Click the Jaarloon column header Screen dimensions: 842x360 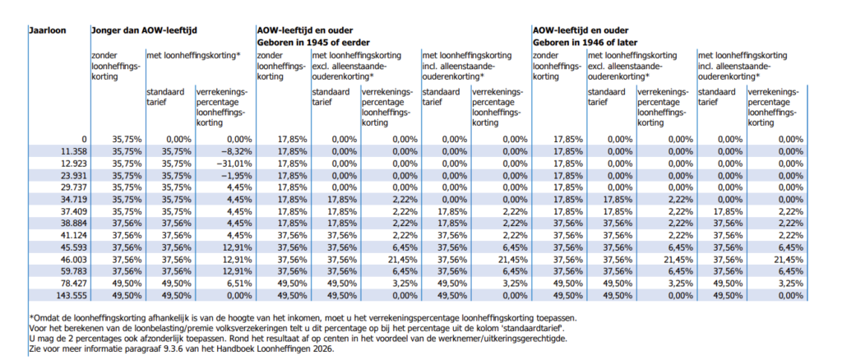click(x=47, y=30)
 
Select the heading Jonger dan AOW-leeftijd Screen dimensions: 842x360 click(x=145, y=30)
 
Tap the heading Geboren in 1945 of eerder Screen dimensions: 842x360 click(x=313, y=42)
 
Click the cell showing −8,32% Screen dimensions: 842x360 click(x=235, y=151)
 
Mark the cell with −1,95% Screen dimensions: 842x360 click(x=235, y=175)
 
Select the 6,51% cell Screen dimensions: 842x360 click(x=239, y=284)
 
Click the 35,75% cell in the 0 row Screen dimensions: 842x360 click(x=127, y=140)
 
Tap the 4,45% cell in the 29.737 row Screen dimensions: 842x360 click(x=239, y=187)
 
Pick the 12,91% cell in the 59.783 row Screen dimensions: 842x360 click(x=237, y=271)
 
